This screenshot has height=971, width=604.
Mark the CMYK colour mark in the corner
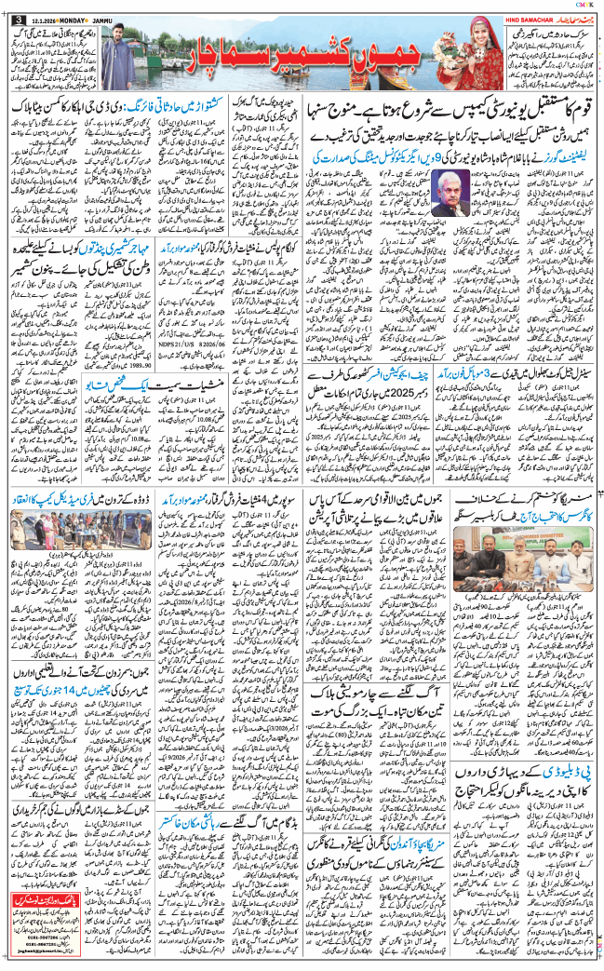591,5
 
